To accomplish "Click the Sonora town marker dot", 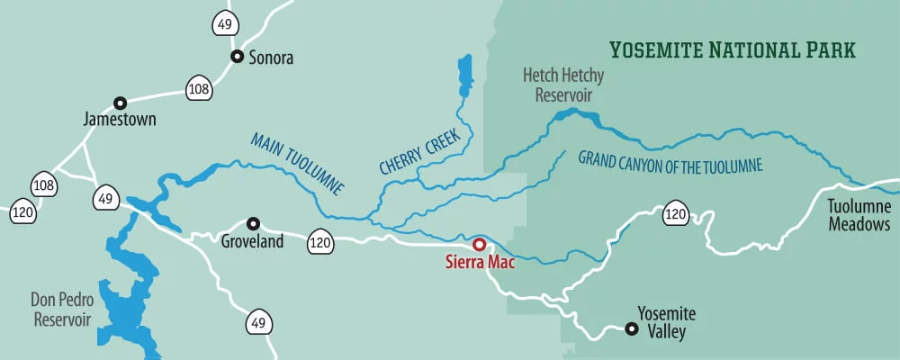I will pyautogui.click(x=237, y=56).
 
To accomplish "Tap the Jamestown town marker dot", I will pyautogui.click(x=120, y=103).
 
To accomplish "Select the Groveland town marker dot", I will pyautogui.click(x=254, y=223).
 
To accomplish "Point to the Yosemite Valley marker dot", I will pyautogui.click(x=632, y=329).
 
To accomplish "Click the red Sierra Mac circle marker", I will pyautogui.click(x=480, y=244).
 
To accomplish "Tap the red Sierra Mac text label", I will pyautogui.click(x=480, y=264).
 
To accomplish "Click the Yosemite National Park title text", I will pyautogui.click(x=732, y=49).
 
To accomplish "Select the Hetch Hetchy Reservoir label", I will pyautogui.click(x=563, y=85).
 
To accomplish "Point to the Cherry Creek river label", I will pyautogui.click(x=419, y=151).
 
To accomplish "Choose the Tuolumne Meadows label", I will pyautogui.click(x=859, y=215).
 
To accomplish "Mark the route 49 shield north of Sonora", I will pyautogui.click(x=225, y=23).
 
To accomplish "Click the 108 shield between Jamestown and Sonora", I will pyautogui.click(x=199, y=88).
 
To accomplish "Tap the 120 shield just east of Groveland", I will pyautogui.click(x=320, y=240).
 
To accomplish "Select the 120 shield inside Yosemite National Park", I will pyautogui.click(x=677, y=214).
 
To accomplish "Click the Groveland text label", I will pyautogui.click(x=252, y=241).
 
